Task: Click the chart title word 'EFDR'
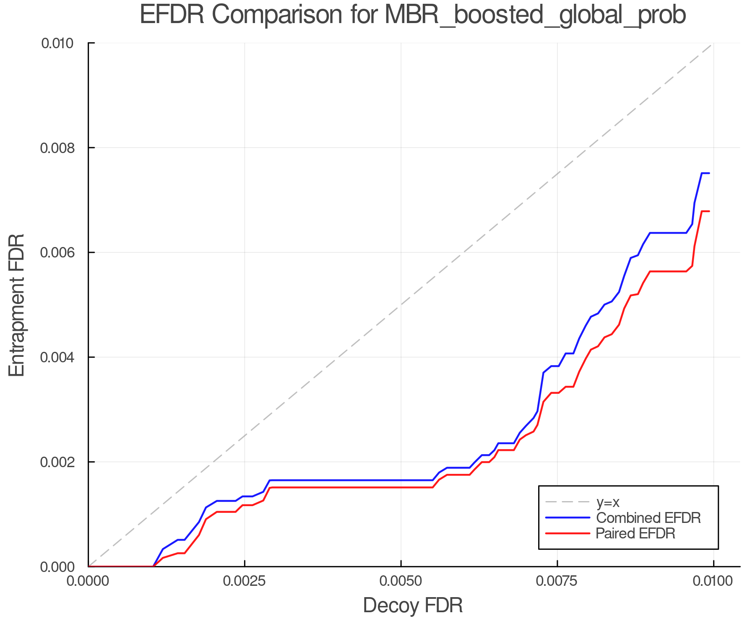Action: coord(172,15)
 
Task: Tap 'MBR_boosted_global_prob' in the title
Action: coord(535,15)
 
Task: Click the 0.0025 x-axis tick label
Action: coord(244,581)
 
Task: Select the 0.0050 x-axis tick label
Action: coord(401,581)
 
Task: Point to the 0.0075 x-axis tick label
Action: coord(557,581)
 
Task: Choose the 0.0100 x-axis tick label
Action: coord(713,581)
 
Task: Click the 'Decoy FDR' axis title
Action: coord(413,606)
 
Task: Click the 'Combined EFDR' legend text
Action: coord(648,518)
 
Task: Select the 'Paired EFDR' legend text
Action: coord(635,533)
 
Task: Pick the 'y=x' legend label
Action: coord(608,502)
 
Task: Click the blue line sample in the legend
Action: coord(568,518)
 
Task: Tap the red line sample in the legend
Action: coord(568,533)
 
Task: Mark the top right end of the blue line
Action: coord(709,173)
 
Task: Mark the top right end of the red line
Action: coord(709,211)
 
